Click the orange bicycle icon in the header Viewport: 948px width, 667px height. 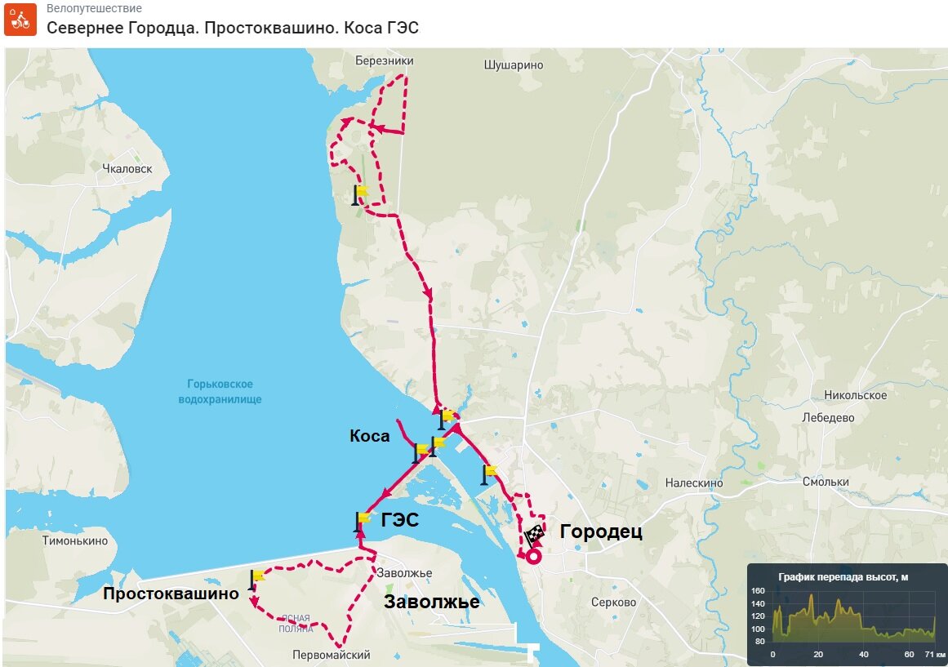point(20,20)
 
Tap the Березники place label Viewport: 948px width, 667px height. point(385,61)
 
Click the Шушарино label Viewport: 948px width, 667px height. point(514,64)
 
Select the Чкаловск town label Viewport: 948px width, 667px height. point(127,169)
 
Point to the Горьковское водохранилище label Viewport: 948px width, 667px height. point(220,392)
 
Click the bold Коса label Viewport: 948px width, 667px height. point(369,437)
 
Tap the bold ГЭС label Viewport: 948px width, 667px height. point(399,519)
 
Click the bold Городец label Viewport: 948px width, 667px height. point(601,532)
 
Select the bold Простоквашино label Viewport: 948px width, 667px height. point(171,594)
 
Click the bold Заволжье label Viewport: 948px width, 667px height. point(431,603)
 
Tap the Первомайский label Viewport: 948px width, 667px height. point(332,655)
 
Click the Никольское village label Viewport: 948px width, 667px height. point(856,396)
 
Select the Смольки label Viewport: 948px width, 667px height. point(826,482)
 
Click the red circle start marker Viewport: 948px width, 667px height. point(533,558)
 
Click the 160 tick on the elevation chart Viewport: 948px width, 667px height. point(758,591)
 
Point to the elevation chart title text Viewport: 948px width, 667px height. point(843,577)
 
